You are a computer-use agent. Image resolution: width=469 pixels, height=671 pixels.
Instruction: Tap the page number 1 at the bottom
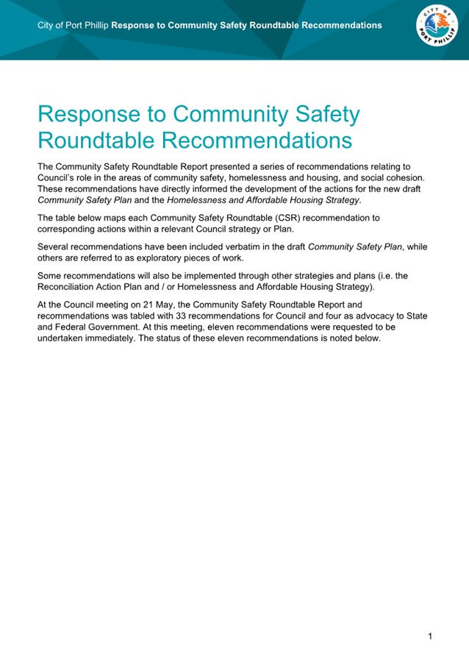pos(430,636)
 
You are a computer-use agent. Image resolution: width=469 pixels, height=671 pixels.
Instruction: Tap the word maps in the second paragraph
pos(116,218)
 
